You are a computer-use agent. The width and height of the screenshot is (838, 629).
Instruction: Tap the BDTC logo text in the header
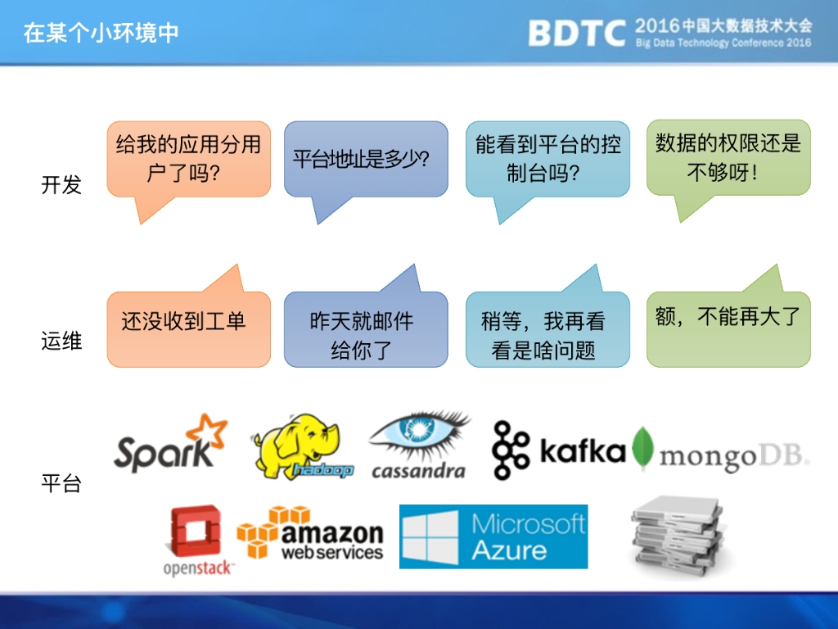(x=577, y=34)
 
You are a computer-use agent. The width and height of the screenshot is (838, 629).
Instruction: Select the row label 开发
(x=61, y=185)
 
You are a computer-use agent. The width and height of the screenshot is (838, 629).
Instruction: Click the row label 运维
(x=61, y=340)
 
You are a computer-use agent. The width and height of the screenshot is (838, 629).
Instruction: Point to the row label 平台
(x=61, y=483)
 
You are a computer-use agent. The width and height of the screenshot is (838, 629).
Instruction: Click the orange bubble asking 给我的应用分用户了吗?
(x=188, y=159)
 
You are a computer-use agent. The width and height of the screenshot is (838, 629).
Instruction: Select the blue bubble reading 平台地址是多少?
(x=366, y=159)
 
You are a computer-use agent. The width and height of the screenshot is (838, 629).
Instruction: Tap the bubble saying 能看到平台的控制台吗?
(x=547, y=159)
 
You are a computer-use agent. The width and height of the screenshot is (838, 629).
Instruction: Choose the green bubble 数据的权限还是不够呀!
(x=728, y=157)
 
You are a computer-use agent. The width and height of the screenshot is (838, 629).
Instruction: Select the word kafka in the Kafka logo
(x=583, y=451)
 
